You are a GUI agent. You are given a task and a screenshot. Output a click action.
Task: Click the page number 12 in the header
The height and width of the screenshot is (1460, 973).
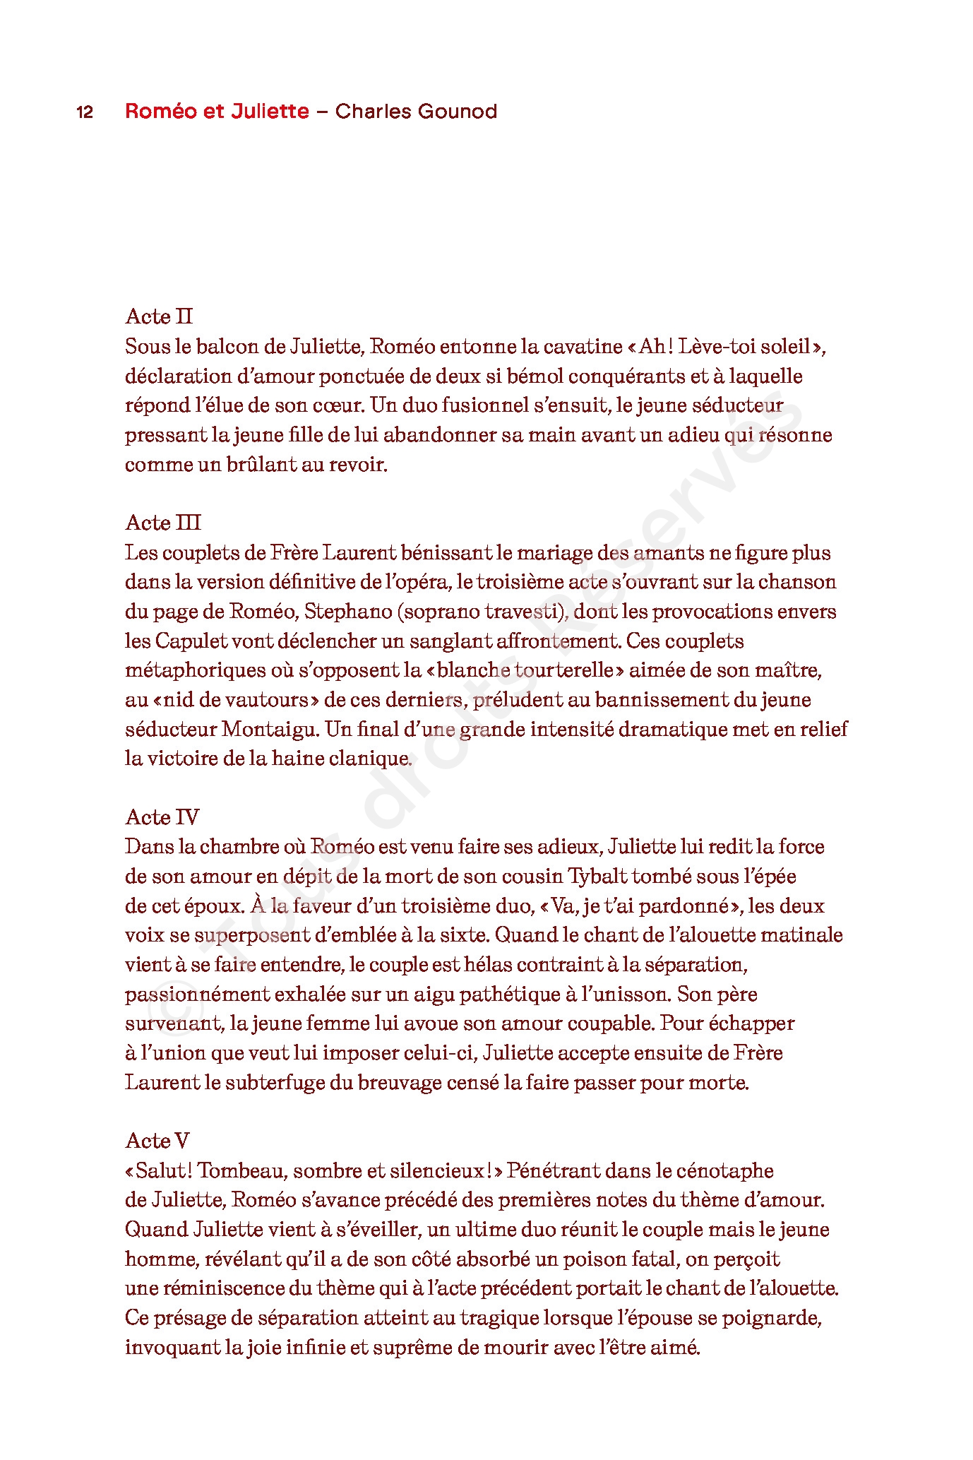[85, 112]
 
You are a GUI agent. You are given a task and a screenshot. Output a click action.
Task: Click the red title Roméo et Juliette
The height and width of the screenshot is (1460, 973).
[217, 112]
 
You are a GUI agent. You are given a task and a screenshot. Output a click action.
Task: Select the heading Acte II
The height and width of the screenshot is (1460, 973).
[159, 316]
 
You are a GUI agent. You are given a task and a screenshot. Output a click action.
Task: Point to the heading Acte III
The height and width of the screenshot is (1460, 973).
[163, 523]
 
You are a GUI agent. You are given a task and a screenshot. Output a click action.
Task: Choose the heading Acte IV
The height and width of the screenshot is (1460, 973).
[162, 817]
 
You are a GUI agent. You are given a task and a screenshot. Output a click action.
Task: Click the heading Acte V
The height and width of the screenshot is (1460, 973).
[157, 1141]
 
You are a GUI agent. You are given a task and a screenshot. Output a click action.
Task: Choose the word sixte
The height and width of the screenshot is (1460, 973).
[463, 935]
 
